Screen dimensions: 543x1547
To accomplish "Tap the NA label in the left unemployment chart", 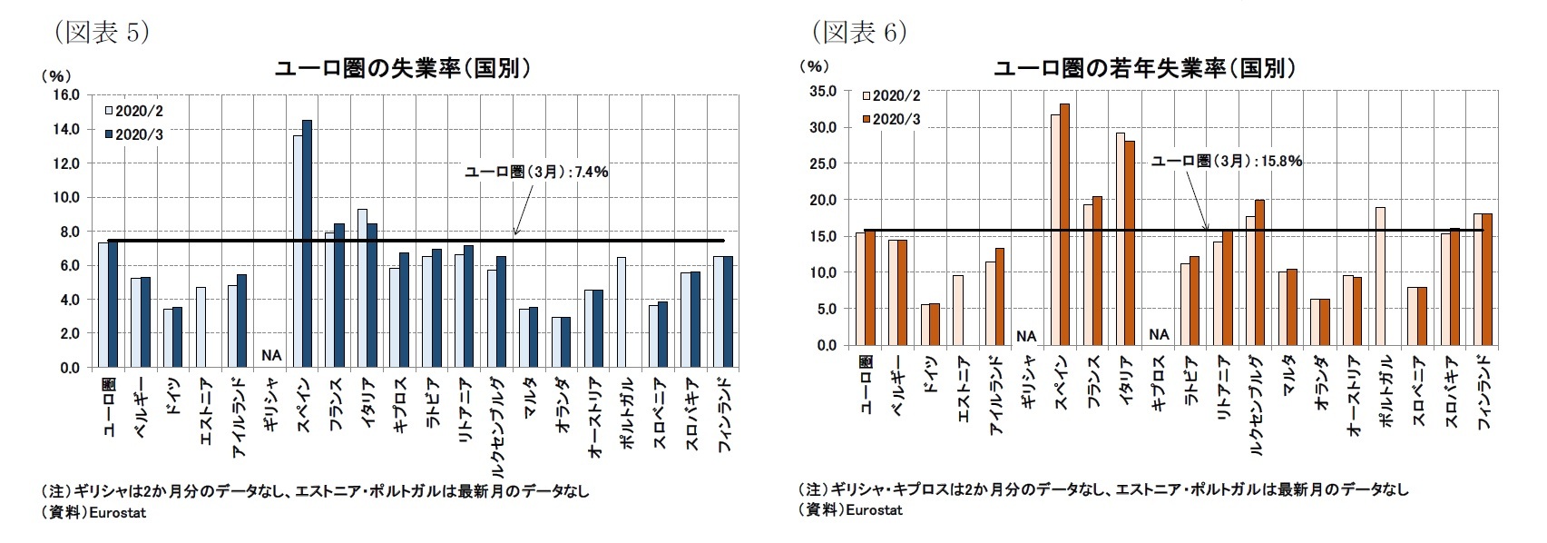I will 270,355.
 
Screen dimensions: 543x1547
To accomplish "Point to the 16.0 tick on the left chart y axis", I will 67,94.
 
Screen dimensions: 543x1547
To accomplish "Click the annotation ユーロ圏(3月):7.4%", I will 536,172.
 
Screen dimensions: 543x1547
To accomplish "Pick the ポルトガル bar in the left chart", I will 622,312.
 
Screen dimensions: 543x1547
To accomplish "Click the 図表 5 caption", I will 102,33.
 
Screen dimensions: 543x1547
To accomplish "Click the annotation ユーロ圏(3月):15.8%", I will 1226,162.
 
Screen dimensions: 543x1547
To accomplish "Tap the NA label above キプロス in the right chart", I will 1159,334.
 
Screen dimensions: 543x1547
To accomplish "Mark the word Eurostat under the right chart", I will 873,510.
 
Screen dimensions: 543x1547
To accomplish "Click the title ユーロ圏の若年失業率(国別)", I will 1145,69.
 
